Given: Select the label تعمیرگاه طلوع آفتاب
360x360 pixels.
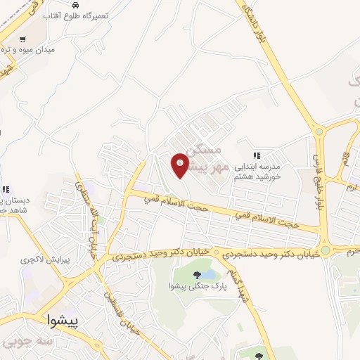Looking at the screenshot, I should pyautogui.click(x=72, y=15).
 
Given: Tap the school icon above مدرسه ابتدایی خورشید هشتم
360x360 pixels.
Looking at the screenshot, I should pyautogui.click(x=257, y=155).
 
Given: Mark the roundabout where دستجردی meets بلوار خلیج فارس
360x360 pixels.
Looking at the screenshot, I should pyautogui.click(x=325, y=250).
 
